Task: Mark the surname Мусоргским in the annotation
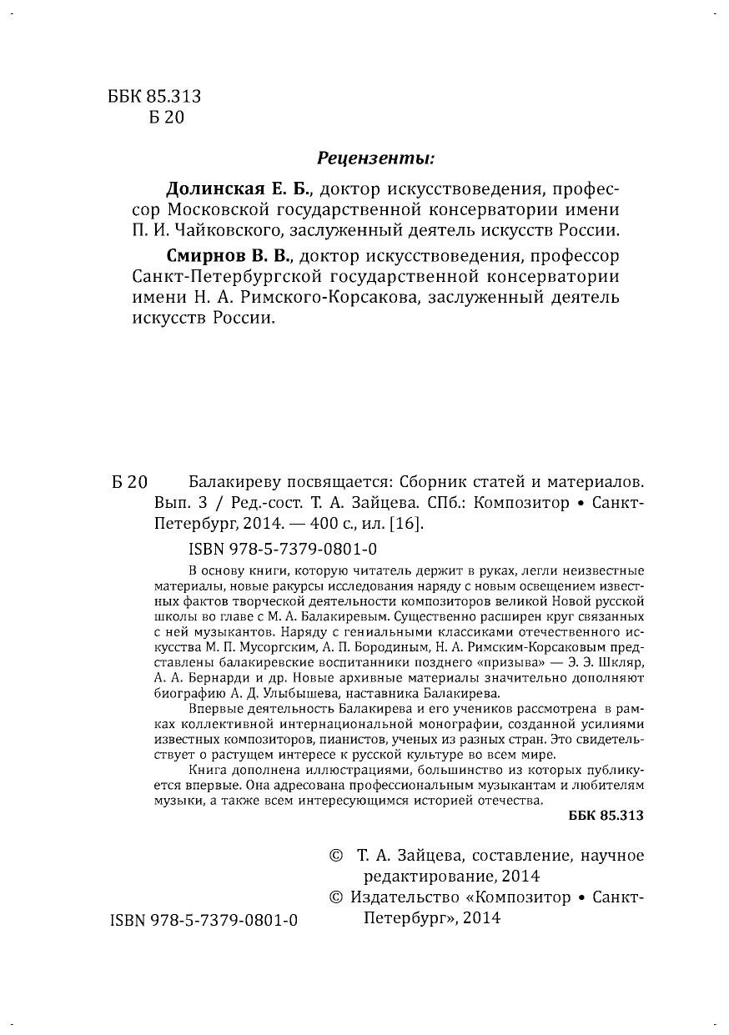click(273, 646)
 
